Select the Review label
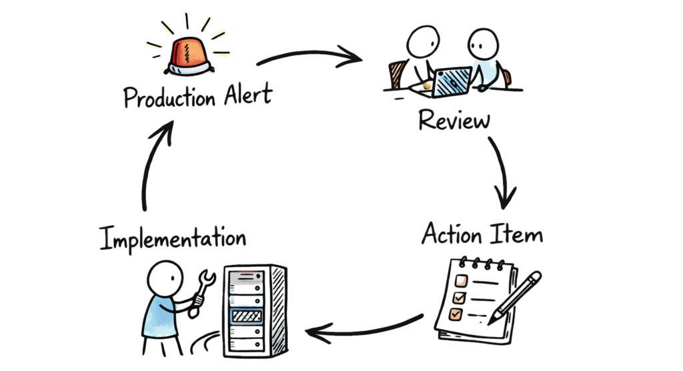[x=454, y=121]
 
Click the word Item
[x=518, y=234]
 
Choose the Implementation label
[x=172, y=238]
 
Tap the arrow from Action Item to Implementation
[x=364, y=328]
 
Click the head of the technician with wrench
[x=164, y=276]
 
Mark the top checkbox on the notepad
[x=460, y=280]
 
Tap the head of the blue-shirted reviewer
[x=484, y=44]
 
